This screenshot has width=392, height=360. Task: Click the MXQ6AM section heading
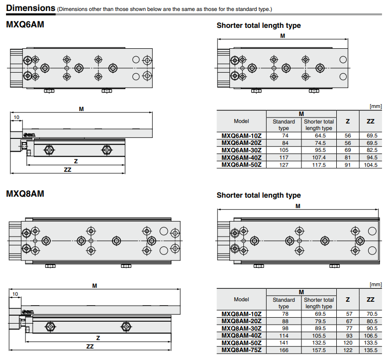coord(25,24)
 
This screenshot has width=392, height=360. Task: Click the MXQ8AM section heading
coord(25,193)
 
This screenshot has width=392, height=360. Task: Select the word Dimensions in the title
coord(30,8)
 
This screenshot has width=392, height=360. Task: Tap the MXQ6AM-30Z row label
coord(241,150)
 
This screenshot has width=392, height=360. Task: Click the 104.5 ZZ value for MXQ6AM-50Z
coord(371,164)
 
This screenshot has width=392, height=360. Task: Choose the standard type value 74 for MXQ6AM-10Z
coord(285,135)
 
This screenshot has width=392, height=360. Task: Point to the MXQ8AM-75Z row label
coord(241,350)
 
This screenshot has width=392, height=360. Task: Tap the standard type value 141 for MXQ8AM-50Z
coord(284,343)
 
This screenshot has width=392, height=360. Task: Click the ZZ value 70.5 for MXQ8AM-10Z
coord(371,314)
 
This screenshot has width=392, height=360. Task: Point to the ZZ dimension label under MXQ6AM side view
coord(68,170)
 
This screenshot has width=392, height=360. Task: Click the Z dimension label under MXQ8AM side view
coord(98,338)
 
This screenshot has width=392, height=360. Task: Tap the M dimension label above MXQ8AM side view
coord(95,285)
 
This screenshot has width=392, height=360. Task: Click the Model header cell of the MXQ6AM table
coord(241,121)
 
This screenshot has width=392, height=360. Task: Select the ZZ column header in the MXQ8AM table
coord(371,299)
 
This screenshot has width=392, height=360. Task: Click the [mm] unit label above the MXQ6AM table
coord(375,106)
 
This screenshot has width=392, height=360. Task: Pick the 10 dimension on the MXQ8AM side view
coord(15,294)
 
